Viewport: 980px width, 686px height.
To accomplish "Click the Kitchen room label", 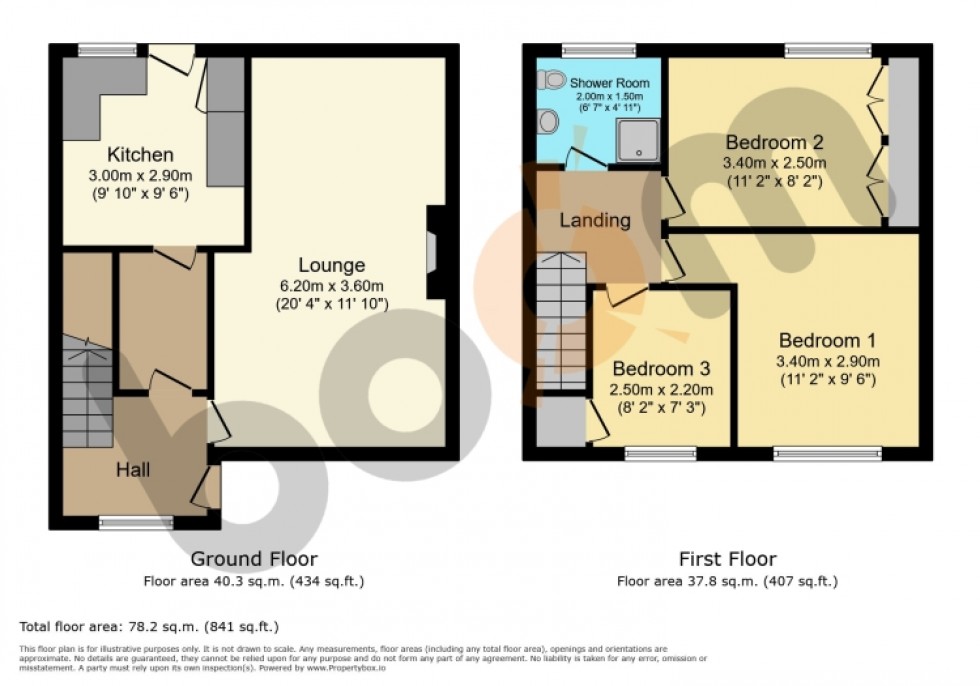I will (x=141, y=155).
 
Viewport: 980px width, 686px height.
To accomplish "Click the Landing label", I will (x=595, y=220).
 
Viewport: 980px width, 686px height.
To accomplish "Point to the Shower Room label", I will (x=610, y=83).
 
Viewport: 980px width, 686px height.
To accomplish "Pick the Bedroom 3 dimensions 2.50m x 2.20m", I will (x=664, y=389).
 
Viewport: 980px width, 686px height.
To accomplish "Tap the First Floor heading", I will (x=727, y=559).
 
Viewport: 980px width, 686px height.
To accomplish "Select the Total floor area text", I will (x=148, y=627).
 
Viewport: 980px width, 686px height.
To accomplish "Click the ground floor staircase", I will (x=88, y=385).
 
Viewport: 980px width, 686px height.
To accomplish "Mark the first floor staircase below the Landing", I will (x=560, y=320).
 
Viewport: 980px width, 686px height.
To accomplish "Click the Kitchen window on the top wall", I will (x=107, y=47).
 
